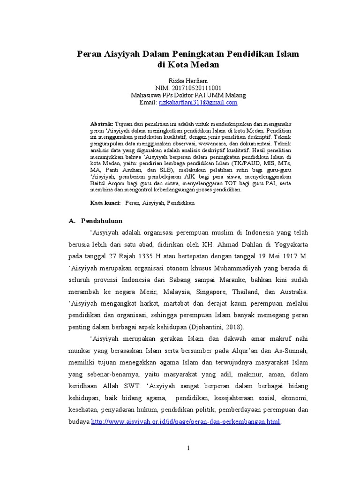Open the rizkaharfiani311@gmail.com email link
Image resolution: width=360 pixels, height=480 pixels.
(x=198, y=102)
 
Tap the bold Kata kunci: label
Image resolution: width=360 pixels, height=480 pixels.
(x=105, y=203)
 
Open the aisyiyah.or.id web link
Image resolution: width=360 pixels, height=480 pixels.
(x=185, y=422)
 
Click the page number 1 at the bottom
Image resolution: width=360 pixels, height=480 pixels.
(x=188, y=448)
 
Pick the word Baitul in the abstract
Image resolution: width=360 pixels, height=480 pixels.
(x=98, y=184)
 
